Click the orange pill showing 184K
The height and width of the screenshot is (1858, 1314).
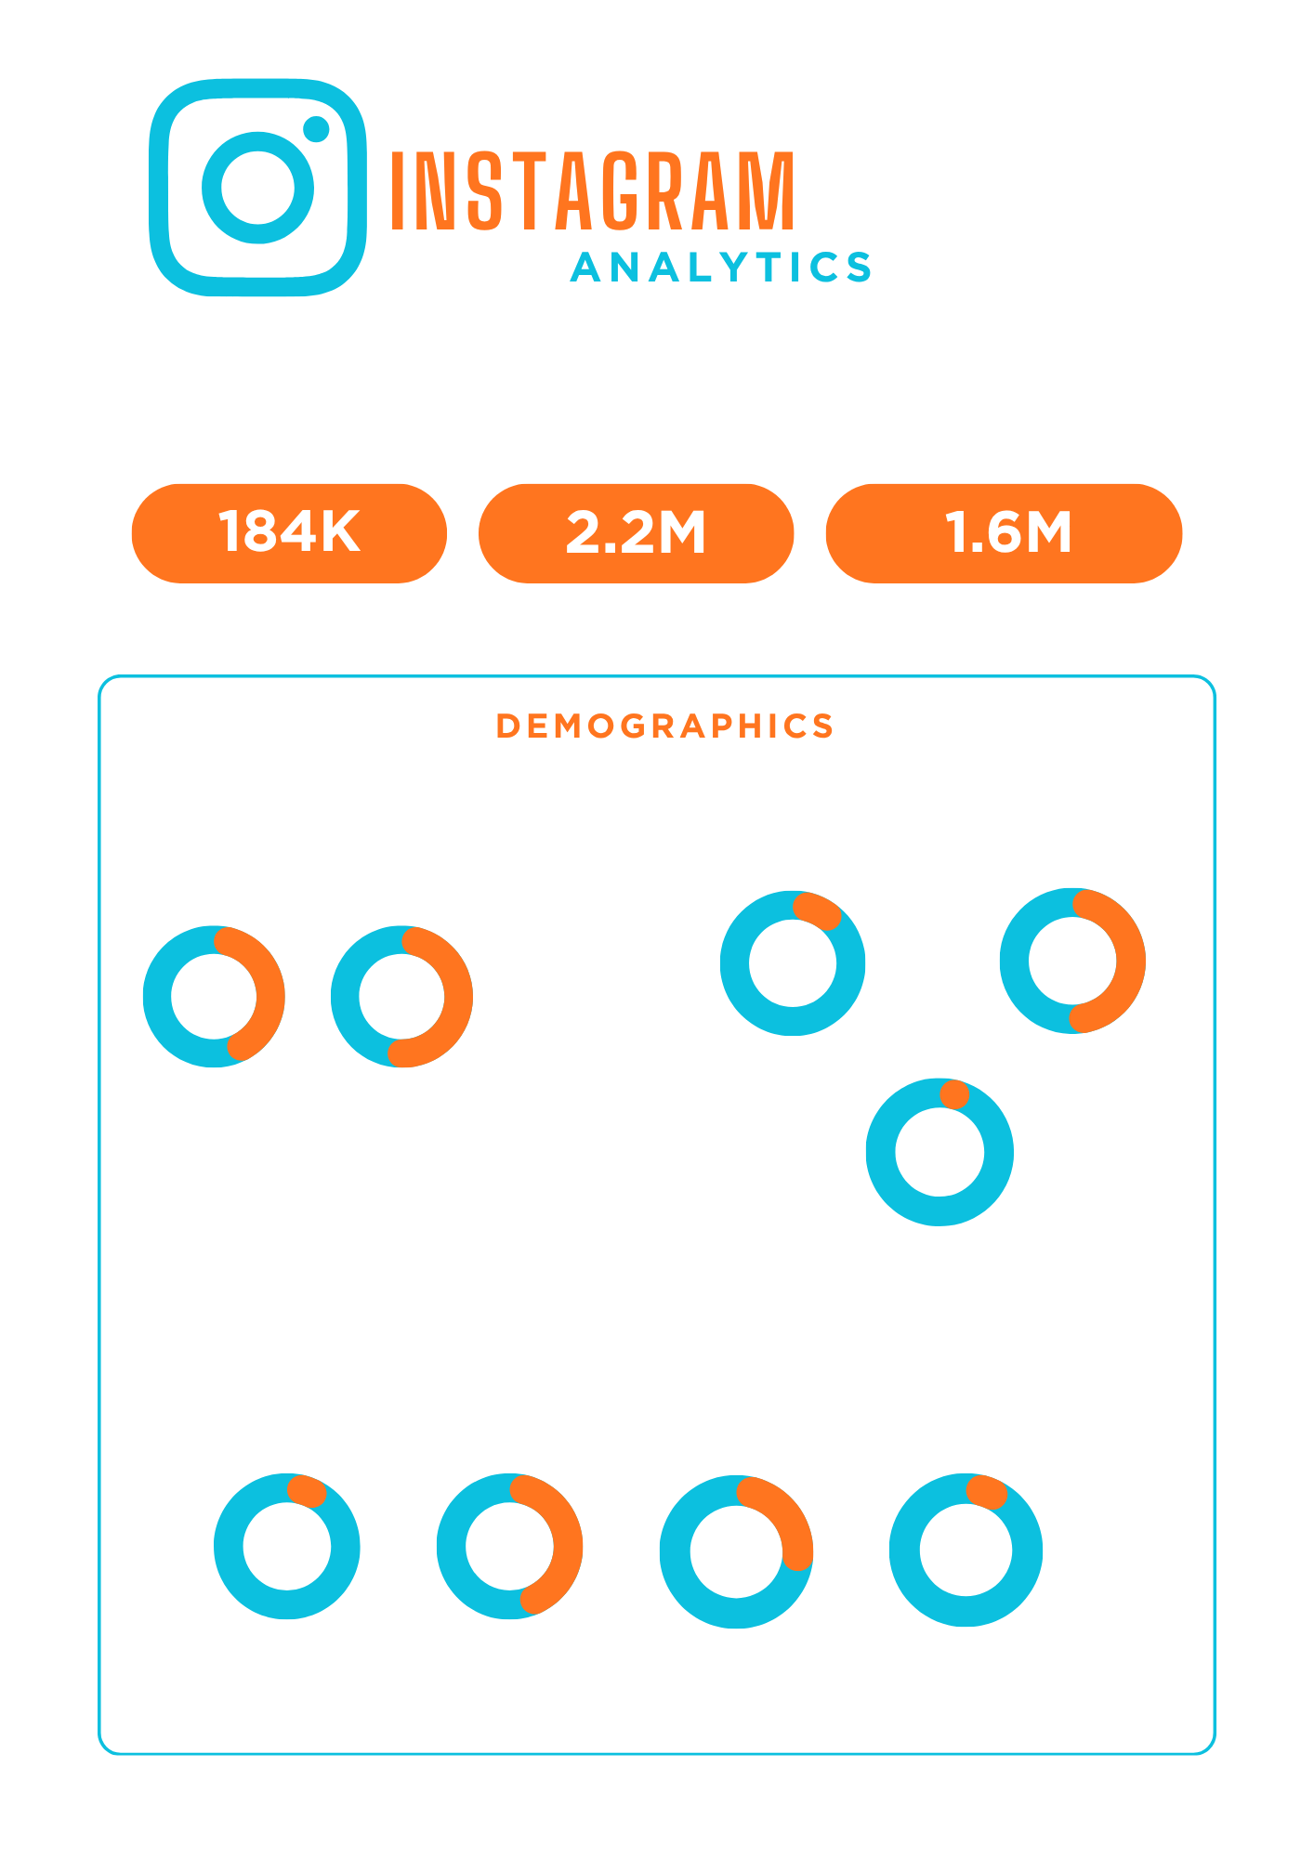coord(289,533)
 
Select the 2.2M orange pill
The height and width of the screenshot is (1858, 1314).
coord(636,533)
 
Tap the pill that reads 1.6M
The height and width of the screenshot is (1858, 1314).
coord(1004,533)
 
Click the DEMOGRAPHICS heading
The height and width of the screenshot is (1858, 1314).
coord(664,726)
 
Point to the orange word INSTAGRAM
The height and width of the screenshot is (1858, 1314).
coord(592,190)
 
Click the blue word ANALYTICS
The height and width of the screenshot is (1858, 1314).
coord(721,268)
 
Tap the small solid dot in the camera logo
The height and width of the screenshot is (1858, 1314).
coord(317,129)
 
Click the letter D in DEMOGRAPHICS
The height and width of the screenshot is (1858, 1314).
coord(508,726)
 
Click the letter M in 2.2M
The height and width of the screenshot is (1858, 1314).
coord(679,532)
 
